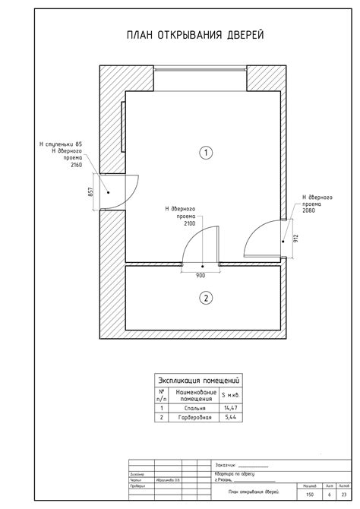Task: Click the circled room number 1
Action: (x=204, y=153)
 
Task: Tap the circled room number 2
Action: (x=204, y=297)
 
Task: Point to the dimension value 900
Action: (x=201, y=274)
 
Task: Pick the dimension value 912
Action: (x=295, y=239)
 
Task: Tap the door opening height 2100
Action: (x=188, y=223)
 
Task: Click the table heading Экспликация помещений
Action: (x=197, y=380)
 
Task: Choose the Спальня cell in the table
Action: (x=191, y=408)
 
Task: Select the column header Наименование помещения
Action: (x=191, y=394)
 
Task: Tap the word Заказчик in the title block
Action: (x=226, y=465)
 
